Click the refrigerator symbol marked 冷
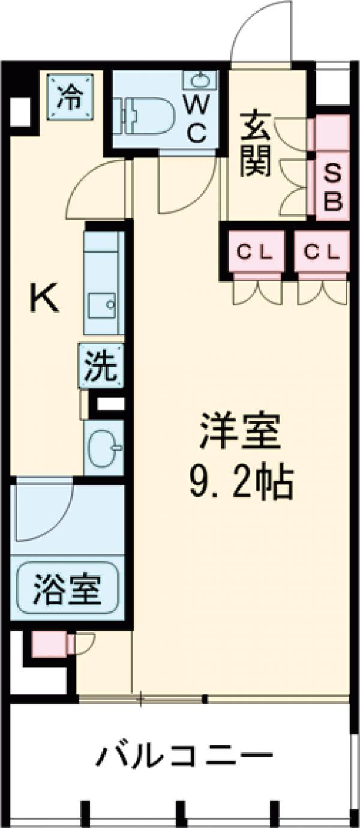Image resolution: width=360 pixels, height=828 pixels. coord(71,95)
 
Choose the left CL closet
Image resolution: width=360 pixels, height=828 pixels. coord(255,252)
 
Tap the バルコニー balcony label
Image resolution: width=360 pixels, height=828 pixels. coord(185,754)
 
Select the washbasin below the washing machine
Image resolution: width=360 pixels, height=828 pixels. coord(104,447)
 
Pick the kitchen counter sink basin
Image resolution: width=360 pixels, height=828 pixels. coord(101,306)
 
